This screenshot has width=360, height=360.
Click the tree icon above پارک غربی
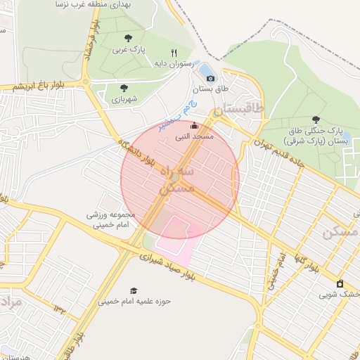click(x=128, y=38)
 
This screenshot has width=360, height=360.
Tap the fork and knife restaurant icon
click(x=174, y=52)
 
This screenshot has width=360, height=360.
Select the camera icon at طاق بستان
click(x=210, y=78)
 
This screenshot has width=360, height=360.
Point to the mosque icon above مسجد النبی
click(x=195, y=126)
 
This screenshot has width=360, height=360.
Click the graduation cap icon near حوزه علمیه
click(x=134, y=290)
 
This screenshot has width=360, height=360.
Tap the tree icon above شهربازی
click(x=124, y=88)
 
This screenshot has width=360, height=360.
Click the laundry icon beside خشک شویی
click(x=340, y=283)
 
